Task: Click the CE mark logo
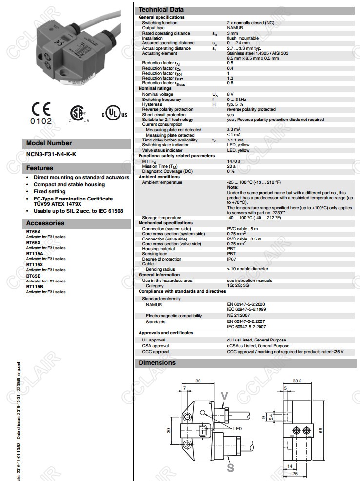pyautogui.click(x=40, y=112)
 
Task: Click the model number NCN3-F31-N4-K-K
pyautogui.click(x=51, y=154)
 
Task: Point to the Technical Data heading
pyautogui.click(x=161, y=10)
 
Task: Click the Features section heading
pyautogui.click(x=40, y=168)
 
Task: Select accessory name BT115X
pyautogui.click(x=35, y=265)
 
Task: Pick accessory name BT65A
pyautogui.click(x=34, y=232)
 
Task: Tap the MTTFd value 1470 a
pyautogui.click(x=234, y=161)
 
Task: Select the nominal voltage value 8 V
pyautogui.click(x=230, y=94)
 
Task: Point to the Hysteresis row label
pyautogui.click(x=152, y=104)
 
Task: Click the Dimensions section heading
pyautogui.click(x=157, y=363)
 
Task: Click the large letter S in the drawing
pyautogui.click(x=230, y=467)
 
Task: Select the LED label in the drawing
pyautogui.click(x=238, y=428)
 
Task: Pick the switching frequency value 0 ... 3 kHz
pyautogui.click(x=239, y=100)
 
